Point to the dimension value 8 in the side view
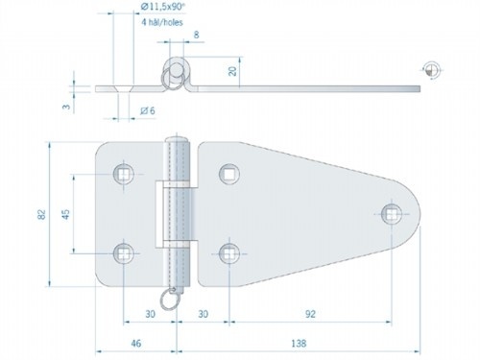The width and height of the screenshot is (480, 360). coord(197,35)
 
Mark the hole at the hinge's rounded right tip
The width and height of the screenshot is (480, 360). coord(391,213)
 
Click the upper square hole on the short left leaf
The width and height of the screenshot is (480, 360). coord(123,174)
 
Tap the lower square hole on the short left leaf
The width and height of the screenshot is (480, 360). coord(123,252)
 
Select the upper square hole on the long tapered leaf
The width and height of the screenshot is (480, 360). coord(228,174)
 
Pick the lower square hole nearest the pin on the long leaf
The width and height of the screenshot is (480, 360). coord(228,252)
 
